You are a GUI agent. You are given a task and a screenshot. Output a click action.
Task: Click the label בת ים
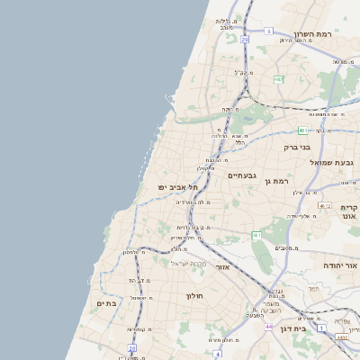(107, 303)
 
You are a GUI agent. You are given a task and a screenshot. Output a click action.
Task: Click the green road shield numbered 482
(279, 79)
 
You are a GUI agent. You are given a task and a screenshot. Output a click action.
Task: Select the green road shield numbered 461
(256, 235)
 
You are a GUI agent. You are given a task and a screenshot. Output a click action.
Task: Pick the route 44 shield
(268, 326)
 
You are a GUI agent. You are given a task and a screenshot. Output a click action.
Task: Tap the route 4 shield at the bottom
(219, 355)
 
